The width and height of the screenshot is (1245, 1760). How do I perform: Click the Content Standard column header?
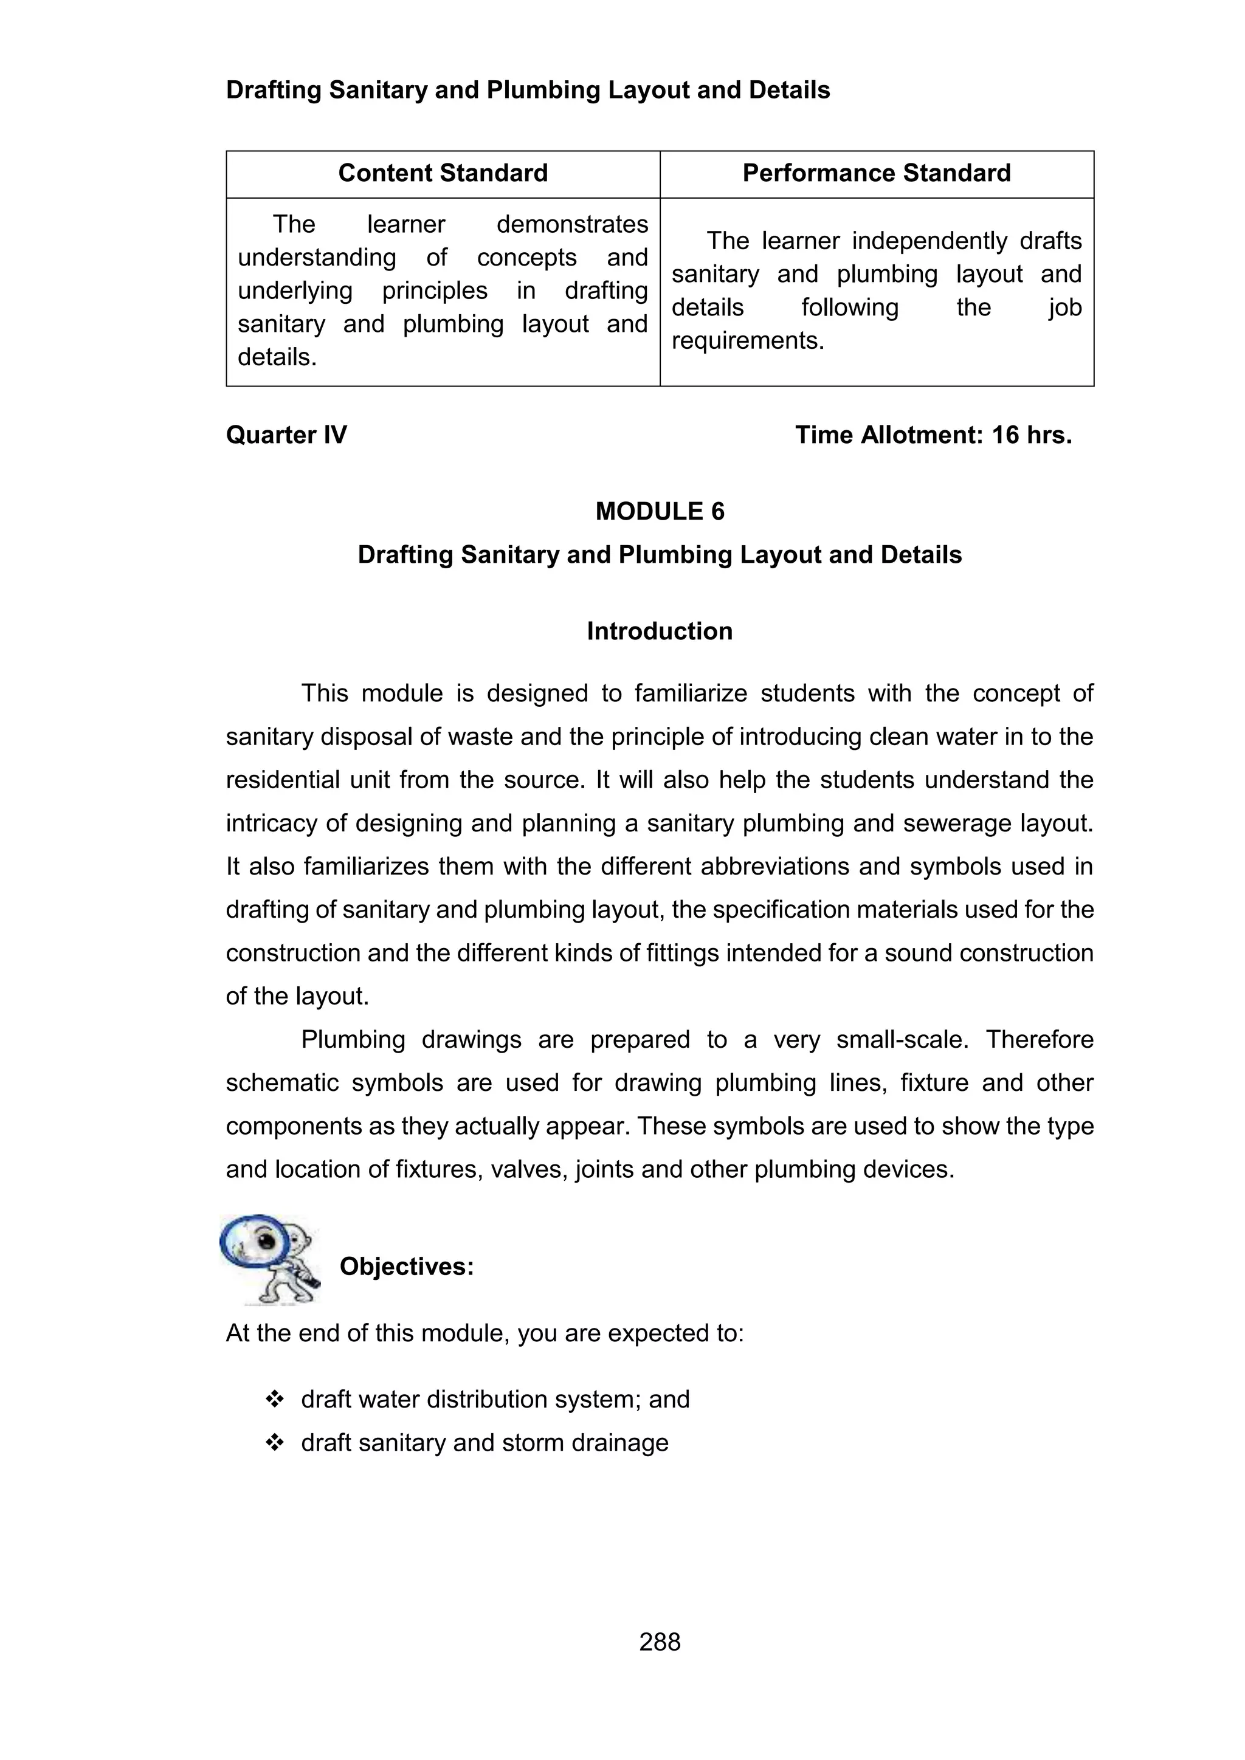point(443,173)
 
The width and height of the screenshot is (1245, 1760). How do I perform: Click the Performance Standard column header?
point(876,173)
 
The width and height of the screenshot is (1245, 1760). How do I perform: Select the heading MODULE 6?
point(660,511)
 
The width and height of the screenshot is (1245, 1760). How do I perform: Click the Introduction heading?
point(660,631)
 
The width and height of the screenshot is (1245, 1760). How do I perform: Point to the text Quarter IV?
point(286,435)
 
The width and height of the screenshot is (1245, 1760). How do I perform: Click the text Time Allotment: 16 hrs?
point(933,435)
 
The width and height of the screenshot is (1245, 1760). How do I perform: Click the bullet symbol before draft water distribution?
point(274,1400)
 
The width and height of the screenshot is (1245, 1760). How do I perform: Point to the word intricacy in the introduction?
point(269,823)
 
